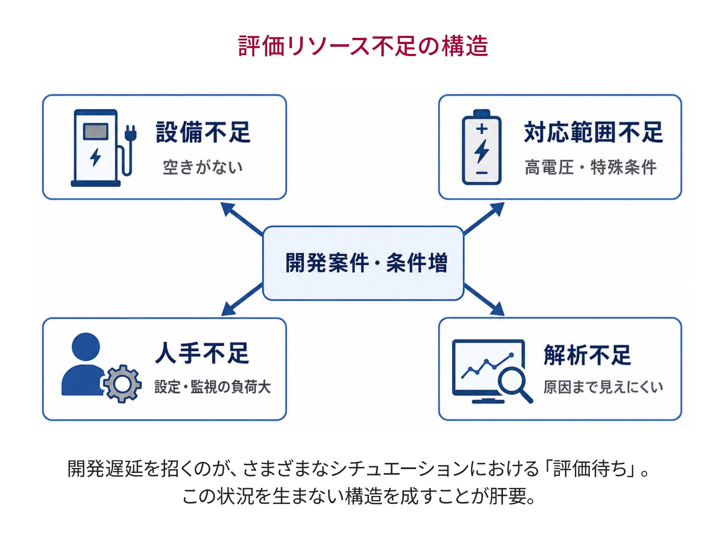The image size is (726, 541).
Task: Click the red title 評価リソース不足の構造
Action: point(363,46)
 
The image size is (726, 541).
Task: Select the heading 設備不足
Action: point(203,132)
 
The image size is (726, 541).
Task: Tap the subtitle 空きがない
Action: point(203,167)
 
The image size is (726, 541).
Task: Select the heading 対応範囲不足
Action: point(593,132)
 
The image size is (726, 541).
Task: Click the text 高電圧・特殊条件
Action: point(591,167)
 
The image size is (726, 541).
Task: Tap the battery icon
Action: point(481,147)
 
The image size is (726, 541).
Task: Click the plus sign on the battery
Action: point(481,128)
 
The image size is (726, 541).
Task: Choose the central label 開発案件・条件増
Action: point(366,263)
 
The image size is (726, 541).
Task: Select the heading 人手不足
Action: point(202,353)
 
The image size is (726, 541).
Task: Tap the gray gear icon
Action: point(122,384)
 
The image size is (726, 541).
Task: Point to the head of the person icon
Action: point(86,347)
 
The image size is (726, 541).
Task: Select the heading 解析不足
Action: point(587,355)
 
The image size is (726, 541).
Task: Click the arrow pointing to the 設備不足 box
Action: point(242,219)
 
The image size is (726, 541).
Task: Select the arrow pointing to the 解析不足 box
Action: point(484,299)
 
